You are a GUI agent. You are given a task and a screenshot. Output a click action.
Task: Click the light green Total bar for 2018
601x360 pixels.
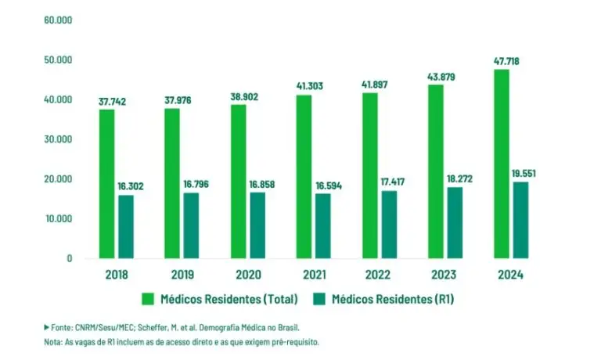tap(106, 184)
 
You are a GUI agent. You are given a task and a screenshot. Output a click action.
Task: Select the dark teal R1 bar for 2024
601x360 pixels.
tap(520, 220)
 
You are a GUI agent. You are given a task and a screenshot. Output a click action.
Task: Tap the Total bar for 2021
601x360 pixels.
tap(304, 177)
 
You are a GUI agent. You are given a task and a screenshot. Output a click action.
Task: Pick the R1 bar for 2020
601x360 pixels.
tap(257, 225)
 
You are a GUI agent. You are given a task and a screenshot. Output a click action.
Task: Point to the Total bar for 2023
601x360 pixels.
tap(436, 171)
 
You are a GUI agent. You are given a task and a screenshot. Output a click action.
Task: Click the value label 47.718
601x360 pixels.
tap(506, 61)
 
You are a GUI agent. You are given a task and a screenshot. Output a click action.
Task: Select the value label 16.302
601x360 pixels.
tap(131, 186)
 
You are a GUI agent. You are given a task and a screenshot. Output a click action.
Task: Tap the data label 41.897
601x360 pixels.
tap(375, 85)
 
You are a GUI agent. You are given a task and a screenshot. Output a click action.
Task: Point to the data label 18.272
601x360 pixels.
tap(459, 178)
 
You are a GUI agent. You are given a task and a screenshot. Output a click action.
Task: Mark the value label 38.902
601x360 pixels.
tap(244, 96)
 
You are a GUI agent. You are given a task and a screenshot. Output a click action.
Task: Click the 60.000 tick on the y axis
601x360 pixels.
tap(58, 20)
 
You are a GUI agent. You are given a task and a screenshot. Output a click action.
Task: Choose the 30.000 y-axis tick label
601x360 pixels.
tap(58, 139)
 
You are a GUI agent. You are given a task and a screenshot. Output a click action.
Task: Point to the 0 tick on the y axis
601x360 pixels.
tap(70, 258)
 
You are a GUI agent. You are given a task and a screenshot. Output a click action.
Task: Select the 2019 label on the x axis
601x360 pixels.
tap(182, 275)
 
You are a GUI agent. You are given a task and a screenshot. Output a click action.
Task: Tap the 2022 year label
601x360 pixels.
tap(377, 275)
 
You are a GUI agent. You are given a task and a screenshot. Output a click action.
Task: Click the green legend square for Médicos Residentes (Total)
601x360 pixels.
tap(148, 299)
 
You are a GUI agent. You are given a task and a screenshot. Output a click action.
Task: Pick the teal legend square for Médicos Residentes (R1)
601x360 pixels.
tap(319, 299)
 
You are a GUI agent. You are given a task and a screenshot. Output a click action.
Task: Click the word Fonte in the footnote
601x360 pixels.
tap(62, 328)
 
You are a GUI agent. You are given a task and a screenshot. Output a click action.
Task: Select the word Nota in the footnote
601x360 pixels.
tap(53, 342)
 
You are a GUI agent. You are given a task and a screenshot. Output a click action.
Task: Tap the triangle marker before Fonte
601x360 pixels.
tap(46, 327)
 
